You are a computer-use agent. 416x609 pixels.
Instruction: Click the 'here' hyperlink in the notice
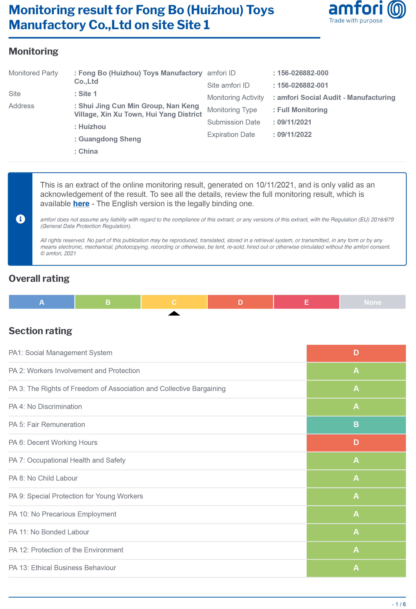click(x=81, y=204)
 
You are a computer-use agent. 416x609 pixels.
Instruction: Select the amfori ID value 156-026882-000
click(x=303, y=73)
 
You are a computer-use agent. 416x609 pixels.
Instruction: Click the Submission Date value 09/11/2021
click(x=294, y=122)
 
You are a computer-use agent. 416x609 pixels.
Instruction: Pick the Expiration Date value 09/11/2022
click(x=294, y=134)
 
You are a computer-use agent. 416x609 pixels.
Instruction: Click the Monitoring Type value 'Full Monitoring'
click(x=302, y=110)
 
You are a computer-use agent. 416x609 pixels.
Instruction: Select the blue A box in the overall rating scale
click(x=42, y=302)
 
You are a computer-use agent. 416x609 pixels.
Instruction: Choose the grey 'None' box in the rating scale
click(x=372, y=302)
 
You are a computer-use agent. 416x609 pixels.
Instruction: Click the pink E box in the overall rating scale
click(x=306, y=302)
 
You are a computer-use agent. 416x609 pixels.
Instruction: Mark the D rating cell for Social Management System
click(x=356, y=353)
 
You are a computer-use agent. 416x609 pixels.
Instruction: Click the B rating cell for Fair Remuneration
click(x=356, y=424)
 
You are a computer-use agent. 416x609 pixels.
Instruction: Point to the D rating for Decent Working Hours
click(x=356, y=442)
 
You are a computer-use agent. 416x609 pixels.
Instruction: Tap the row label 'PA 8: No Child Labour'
click(x=43, y=478)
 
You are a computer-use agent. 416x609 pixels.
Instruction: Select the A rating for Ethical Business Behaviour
click(x=356, y=568)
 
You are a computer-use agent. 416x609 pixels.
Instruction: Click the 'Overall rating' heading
click(x=39, y=279)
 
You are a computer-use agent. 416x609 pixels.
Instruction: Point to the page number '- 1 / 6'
click(x=399, y=604)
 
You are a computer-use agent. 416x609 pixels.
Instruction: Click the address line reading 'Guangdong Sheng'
click(x=110, y=139)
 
